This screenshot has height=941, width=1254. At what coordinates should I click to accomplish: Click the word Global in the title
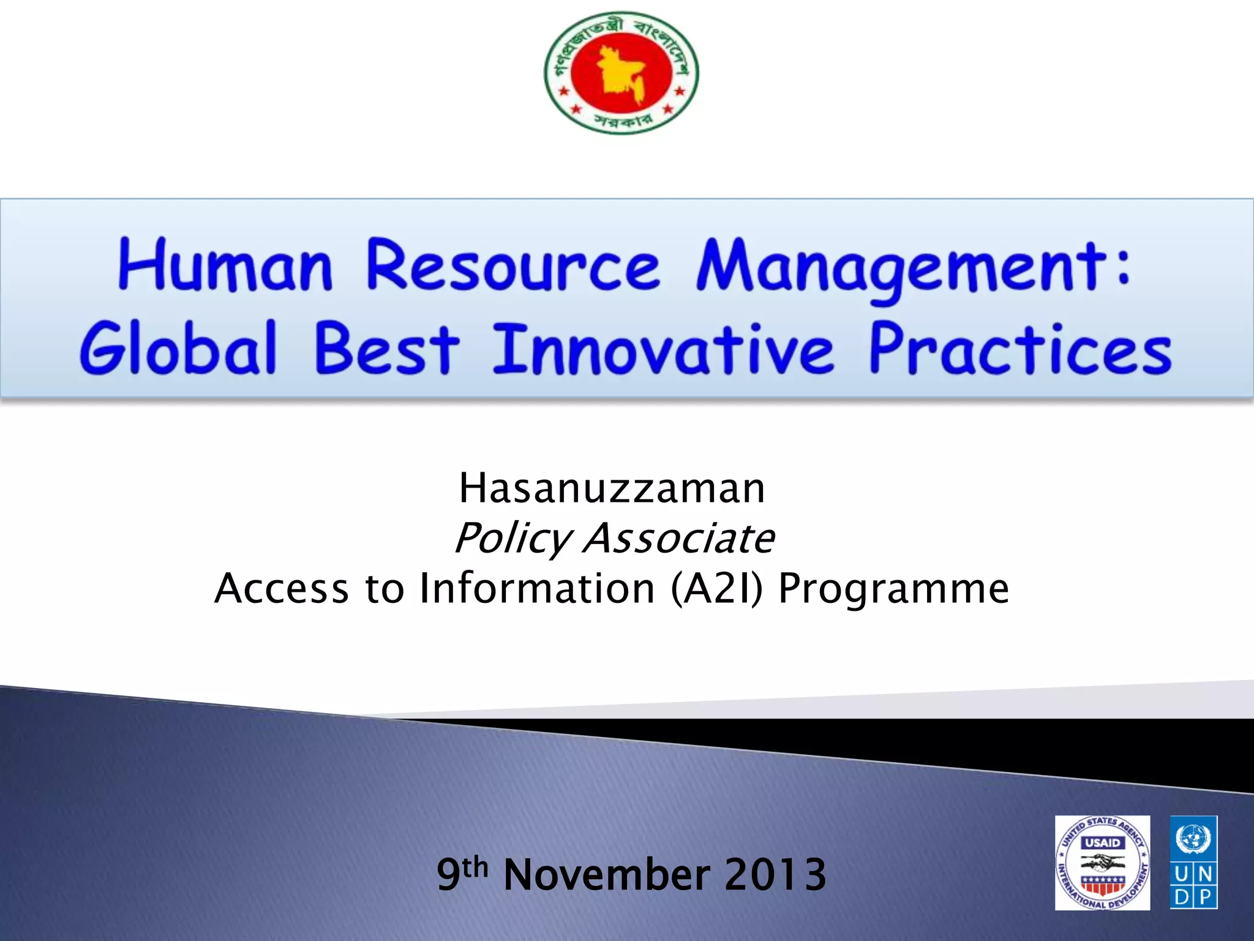click(178, 349)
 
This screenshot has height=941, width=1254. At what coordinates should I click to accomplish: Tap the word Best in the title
click(386, 349)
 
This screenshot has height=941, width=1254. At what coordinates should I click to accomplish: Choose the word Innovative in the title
click(663, 349)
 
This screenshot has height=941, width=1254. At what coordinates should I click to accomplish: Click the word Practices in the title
click(1019, 349)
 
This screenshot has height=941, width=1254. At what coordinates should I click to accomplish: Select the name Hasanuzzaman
click(612, 489)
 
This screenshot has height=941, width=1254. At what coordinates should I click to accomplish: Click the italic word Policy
click(512, 539)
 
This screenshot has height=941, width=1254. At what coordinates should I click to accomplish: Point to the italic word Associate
click(678, 539)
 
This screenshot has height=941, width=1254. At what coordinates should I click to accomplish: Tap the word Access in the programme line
click(282, 589)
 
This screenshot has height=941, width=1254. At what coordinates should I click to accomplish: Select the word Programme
click(893, 589)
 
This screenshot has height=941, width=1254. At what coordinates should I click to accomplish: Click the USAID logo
click(1102, 863)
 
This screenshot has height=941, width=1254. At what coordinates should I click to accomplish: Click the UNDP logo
click(1193, 863)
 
